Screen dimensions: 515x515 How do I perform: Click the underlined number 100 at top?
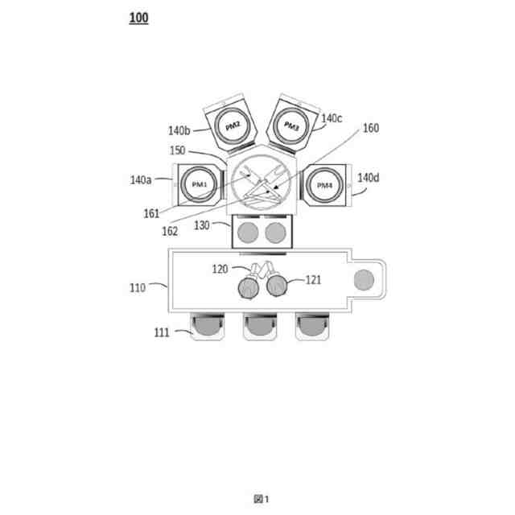pyautogui.click(x=138, y=18)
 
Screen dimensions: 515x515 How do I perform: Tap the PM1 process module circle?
pyautogui.click(x=199, y=184)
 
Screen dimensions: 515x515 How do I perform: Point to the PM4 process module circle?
pyautogui.click(x=324, y=186)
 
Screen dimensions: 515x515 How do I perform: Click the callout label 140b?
pyautogui.click(x=179, y=130)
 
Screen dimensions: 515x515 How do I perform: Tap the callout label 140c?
pyautogui.click(x=332, y=118)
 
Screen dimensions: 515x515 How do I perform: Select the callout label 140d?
pyautogui.click(x=368, y=177)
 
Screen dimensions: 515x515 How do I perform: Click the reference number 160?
pyautogui.click(x=370, y=128)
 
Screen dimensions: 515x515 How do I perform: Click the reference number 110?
pyautogui.click(x=139, y=286)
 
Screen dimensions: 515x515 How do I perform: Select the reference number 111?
pyautogui.click(x=161, y=332)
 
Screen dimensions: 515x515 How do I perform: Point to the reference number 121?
pyautogui.click(x=313, y=280)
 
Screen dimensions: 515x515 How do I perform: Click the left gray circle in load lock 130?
pyautogui.click(x=249, y=233)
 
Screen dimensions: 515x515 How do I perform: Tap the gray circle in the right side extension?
pyautogui.click(x=365, y=279)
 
